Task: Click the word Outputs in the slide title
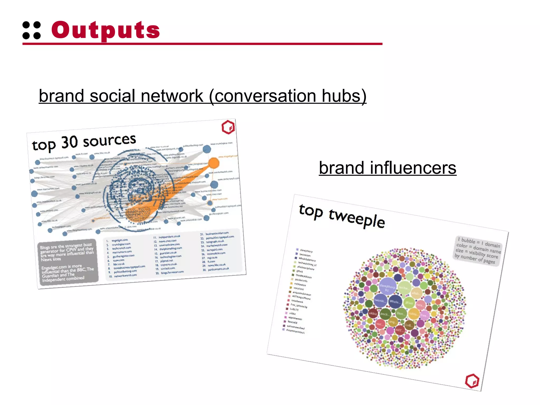click(105, 30)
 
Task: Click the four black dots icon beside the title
click(32, 30)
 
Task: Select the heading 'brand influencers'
click(387, 168)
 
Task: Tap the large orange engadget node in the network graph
click(214, 163)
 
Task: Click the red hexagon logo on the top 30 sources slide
click(228, 127)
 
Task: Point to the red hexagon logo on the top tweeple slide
click(472, 381)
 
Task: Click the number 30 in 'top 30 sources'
click(69, 142)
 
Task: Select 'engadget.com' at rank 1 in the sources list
click(120, 240)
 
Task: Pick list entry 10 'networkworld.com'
click(125, 275)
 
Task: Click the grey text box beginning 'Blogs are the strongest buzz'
click(67, 262)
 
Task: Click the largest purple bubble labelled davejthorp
click(387, 286)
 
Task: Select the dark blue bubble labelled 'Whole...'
click(395, 302)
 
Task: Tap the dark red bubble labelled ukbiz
click(373, 314)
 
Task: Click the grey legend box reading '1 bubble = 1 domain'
click(478, 251)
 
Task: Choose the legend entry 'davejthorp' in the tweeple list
click(306, 251)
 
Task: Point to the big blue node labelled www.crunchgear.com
click(207, 149)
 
